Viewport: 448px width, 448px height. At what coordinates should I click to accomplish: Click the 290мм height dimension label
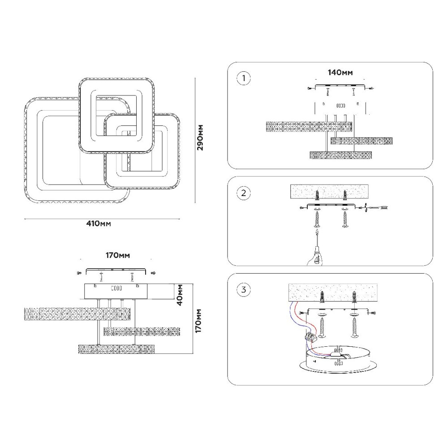tap(201, 137)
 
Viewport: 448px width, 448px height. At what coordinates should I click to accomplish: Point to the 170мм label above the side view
tap(117, 256)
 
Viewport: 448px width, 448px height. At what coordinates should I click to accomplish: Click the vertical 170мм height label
tap(200, 320)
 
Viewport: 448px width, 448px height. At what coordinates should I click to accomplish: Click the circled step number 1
tap(244, 79)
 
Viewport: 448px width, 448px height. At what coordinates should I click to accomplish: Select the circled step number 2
tap(244, 194)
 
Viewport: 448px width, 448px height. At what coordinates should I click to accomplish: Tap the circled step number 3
tap(244, 289)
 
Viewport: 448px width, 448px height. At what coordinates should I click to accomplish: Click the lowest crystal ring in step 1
tap(341, 155)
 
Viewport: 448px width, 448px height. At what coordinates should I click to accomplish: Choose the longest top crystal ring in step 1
tap(309, 127)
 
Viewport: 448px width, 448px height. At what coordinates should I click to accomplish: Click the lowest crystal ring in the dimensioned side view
tap(116, 348)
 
